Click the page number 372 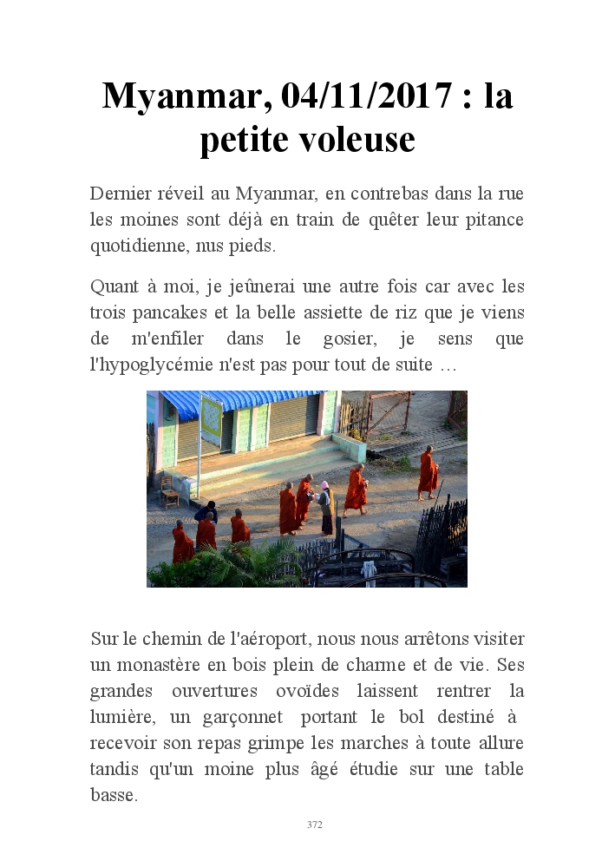[x=314, y=825]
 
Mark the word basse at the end [x=113, y=796]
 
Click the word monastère [x=164, y=666]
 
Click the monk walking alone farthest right [x=428, y=474]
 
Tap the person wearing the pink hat [x=325, y=509]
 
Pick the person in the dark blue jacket [x=206, y=512]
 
